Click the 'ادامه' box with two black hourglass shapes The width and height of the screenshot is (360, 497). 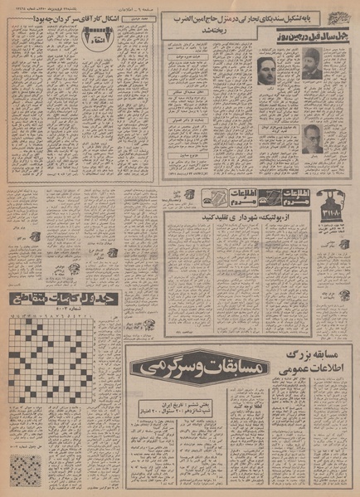(x=94, y=35)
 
